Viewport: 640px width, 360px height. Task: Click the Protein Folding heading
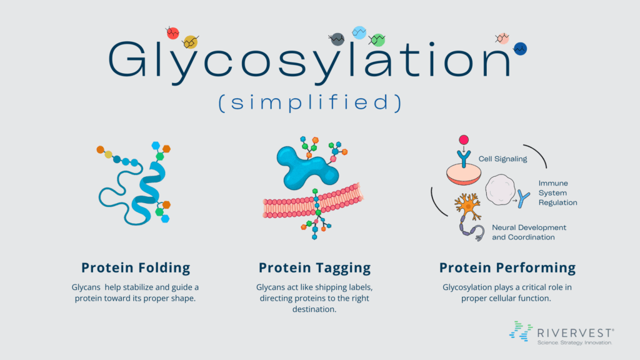[x=136, y=267]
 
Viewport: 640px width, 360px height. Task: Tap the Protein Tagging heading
[x=315, y=267]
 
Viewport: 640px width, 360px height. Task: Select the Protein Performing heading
[x=507, y=267]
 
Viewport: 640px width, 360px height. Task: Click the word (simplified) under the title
[x=310, y=102]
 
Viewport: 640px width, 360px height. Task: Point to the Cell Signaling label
[x=502, y=159]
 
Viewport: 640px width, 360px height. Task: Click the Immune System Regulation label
[x=557, y=192]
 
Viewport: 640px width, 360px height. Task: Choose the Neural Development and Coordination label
[x=529, y=232]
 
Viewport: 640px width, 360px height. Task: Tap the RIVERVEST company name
[x=576, y=333]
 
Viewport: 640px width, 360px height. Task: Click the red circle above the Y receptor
[x=464, y=140]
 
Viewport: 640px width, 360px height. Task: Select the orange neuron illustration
[x=467, y=206]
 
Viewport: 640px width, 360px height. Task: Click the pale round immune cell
[x=500, y=190]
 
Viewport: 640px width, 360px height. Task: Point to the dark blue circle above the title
[x=520, y=49]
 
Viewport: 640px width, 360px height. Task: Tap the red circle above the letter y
[x=172, y=32]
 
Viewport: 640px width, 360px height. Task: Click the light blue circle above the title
[x=359, y=32]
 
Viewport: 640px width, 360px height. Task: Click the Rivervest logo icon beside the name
[x=521, y=331]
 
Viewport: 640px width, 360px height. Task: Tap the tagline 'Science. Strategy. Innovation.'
[x=575, y=342]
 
